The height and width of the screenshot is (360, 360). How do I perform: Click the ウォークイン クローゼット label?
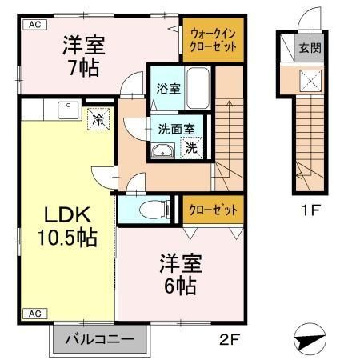tap(214, 40)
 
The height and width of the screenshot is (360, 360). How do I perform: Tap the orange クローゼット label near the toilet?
tap(213, 210)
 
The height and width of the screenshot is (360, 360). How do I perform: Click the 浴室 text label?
tap(169, 89)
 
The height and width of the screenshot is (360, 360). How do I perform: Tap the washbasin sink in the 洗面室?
tap(163, 150)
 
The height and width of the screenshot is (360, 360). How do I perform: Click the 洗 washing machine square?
tap(191, 147)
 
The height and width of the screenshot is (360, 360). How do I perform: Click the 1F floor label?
tap(308, 212)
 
